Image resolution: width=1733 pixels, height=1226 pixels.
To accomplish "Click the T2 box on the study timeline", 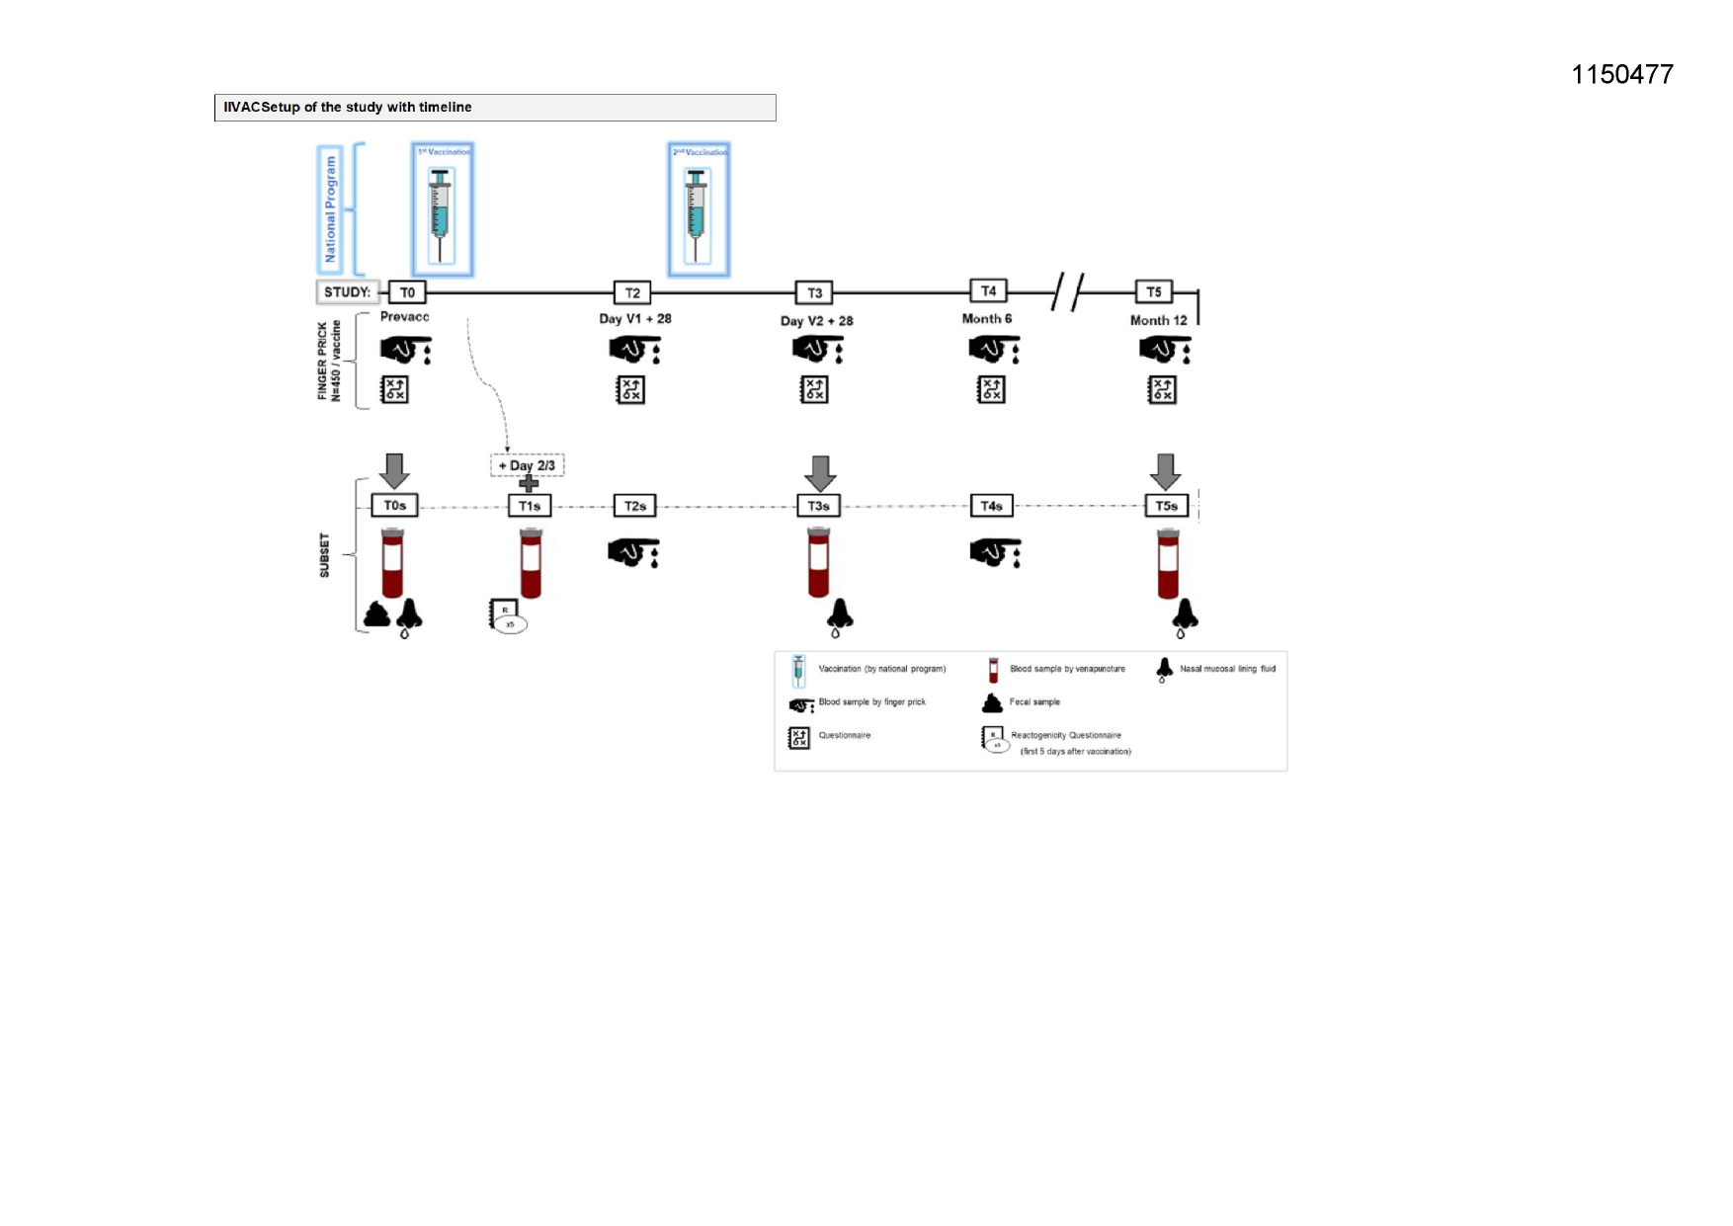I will [x=632, y=292].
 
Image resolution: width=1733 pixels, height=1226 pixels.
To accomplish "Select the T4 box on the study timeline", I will [x=988, y=290].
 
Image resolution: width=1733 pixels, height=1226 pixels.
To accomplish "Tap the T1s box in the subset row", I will [x=530, y=506].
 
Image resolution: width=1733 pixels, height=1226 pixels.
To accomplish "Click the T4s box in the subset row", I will [x=991, y=506].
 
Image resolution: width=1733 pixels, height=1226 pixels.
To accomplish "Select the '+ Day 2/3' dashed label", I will [x=528, y=465].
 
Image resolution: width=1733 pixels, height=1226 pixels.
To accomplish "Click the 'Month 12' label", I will [x=1158, y=320].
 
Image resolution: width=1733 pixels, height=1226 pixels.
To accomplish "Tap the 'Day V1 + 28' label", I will [x=634, y=319].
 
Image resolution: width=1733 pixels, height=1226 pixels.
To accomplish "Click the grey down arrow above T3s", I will [x=819, y=472].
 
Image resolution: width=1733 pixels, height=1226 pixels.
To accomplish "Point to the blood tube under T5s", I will [x=1168, y=564].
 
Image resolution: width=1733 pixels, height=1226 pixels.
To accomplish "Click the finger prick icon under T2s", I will [x=632, y=552].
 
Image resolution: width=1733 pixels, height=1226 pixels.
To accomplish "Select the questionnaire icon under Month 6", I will [x=991, y=390].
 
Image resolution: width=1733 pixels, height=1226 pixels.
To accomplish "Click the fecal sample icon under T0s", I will [x=376, y=615].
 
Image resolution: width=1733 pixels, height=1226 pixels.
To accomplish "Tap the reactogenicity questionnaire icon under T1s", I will [x=507, y=615].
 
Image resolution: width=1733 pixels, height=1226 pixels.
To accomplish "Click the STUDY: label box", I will [x=347, y=292].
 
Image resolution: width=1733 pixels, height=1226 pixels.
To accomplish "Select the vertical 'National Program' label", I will [x=330, y=209].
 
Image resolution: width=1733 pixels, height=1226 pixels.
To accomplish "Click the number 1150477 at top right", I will [x=1621, y=75].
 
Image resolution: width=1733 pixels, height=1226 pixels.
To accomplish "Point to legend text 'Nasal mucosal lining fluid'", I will [x=1227, y=669].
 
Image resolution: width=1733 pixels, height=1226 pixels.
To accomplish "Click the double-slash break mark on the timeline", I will [x=1067, y=291].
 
